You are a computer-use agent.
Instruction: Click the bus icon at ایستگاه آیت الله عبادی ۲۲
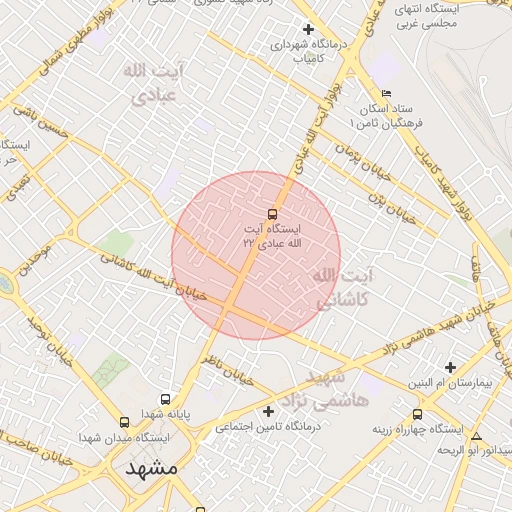click(x=272, y=213)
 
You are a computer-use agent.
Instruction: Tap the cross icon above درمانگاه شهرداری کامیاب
click(x=308, y=29)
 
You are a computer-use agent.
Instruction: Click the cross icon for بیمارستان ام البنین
click(x=450, y=367)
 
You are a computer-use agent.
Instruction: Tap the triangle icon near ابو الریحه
click(x=477, y=436)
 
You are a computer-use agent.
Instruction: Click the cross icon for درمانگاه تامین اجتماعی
click(x=267, y=411)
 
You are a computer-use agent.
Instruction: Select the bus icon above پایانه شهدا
click(x=165, y=398)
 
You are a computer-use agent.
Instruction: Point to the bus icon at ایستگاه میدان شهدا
click(x=124, y=422)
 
